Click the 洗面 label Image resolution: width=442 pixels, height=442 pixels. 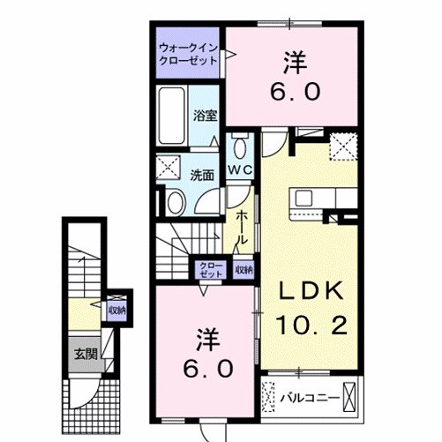pos(202,175)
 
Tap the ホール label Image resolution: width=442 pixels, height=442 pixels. pos(239,228)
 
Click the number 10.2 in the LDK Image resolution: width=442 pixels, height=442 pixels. pos(312,326)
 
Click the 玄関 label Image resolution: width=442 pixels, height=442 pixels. pos(85,354)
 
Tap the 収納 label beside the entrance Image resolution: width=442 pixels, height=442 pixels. pos(116,311)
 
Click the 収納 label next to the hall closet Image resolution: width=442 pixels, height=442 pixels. pos(243,269)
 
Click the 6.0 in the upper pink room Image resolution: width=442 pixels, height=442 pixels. pos(290,92)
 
